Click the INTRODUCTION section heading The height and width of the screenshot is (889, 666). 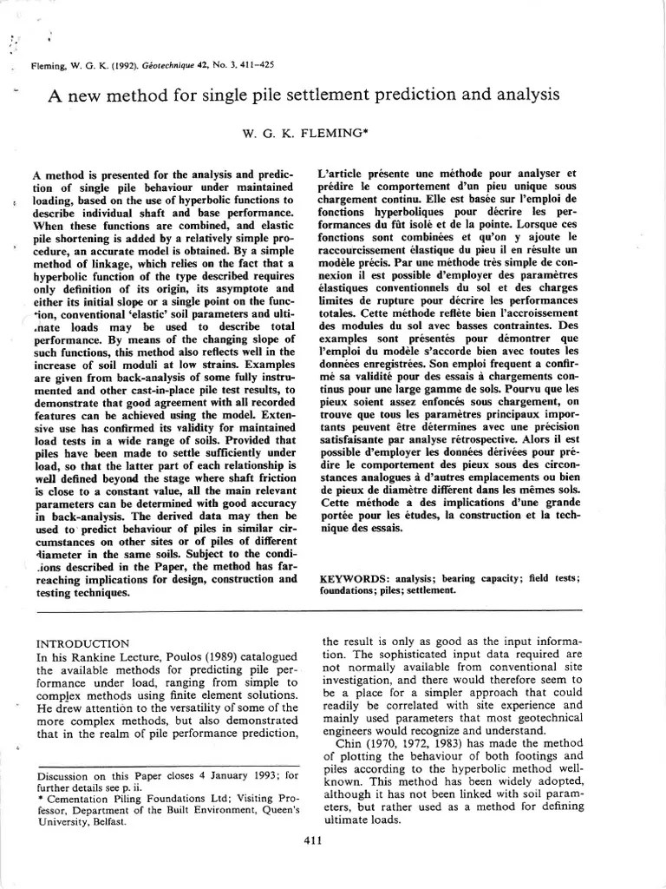pyautogui.click(x=82, y=643)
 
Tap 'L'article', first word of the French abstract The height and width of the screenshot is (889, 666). pyautogui.click(x=342, y=173)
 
